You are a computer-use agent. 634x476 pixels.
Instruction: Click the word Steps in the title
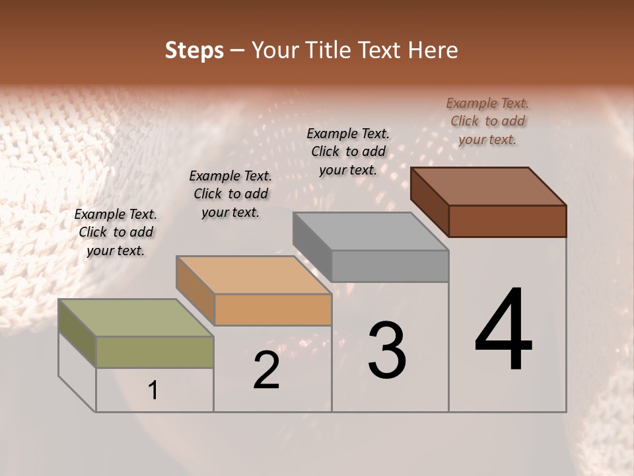point(194,50)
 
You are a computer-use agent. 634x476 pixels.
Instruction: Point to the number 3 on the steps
point(387,350)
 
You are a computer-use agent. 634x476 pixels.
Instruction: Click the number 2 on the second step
point(267,370)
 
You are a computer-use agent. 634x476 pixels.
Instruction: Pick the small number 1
point(153,391)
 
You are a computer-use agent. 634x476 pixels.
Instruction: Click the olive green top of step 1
point(135,318)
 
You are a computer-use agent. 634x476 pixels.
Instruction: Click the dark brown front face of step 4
point(507,221)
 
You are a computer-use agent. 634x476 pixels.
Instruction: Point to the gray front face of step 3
point(390,266)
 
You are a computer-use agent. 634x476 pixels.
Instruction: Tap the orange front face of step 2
point(273,309)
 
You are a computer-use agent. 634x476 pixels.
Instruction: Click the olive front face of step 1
point(155,352)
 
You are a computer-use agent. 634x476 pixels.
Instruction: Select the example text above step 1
point(116,232)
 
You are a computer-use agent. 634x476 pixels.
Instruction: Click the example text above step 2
point(230,194)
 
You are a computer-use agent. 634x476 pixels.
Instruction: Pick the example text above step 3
point(348,151)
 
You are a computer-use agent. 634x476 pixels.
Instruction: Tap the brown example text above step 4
point(487,121)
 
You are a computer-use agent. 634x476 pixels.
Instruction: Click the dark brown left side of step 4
point(430,202)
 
